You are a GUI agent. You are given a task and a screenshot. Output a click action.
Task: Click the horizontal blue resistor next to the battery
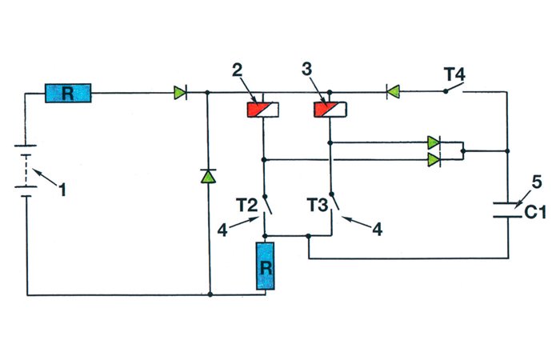point(68,94)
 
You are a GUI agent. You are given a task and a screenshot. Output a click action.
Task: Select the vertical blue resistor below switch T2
point(266,267)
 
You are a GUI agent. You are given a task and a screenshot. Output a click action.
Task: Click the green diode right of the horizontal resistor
point(179,93)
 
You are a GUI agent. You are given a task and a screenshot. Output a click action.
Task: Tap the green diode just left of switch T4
point(392,93)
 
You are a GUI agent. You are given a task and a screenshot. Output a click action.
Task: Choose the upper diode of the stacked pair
point(434,143)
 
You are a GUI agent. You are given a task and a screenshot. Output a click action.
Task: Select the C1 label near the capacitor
point(535,212)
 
